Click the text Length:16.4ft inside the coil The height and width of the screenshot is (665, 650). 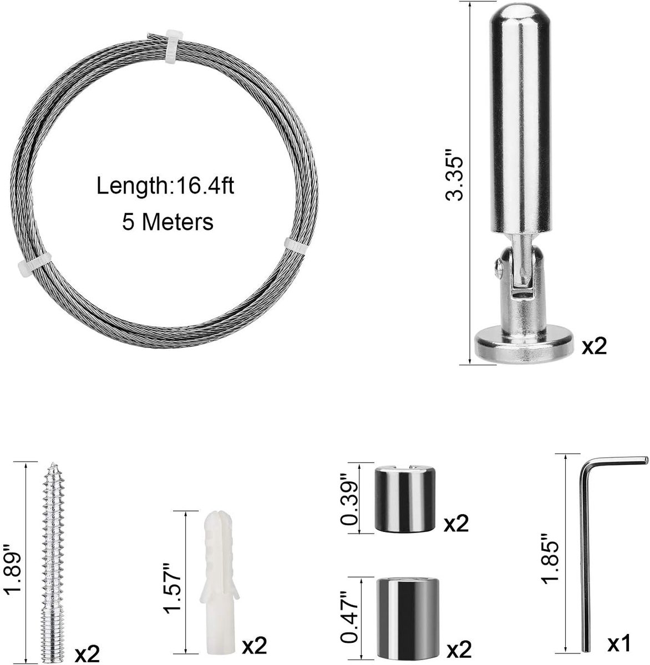click(x=165, y=186)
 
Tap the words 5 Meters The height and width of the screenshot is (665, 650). click(x=167, y=222)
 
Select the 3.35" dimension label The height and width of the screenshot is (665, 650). click(x=454, y=179)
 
